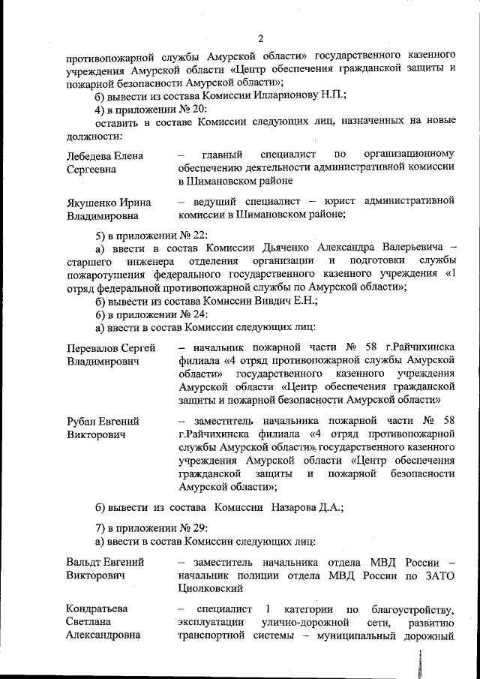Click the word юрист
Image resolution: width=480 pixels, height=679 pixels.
[335, 201]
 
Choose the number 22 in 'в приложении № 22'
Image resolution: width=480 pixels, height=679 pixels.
[187, 233]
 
